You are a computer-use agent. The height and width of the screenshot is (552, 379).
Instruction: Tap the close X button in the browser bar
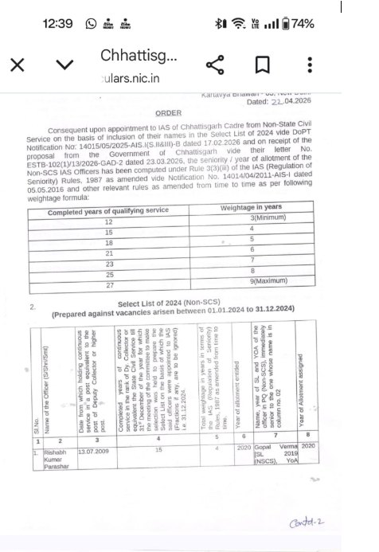18,65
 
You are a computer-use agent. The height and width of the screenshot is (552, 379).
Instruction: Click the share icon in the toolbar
214,65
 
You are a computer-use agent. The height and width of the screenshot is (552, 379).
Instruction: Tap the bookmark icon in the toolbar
262,65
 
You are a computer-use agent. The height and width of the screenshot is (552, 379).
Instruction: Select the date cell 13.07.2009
93,449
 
